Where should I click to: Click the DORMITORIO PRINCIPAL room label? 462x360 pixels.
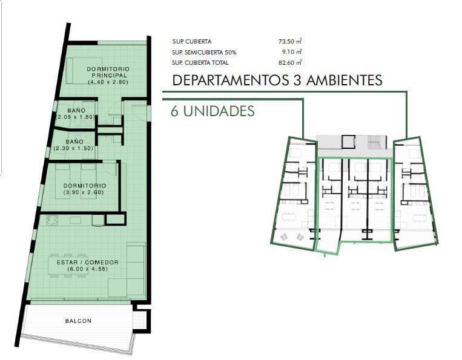pos(107,71)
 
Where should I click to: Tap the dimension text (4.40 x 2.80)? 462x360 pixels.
pos(107,82)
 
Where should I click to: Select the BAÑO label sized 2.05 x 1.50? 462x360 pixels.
pos(76,110)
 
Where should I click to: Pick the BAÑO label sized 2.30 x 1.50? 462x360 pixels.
pos(76,142)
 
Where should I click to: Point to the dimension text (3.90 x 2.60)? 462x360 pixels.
pos(84,193)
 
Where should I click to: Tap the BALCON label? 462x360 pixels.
pos(78,321)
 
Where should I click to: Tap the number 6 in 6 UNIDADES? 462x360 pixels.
pos(174,111)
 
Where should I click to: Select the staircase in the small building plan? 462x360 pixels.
pos(376,142)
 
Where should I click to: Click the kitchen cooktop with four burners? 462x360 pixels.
pos(52,221)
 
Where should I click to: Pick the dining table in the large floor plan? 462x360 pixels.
pos(68,266)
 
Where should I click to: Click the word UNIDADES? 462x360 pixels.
pos(219,111)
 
